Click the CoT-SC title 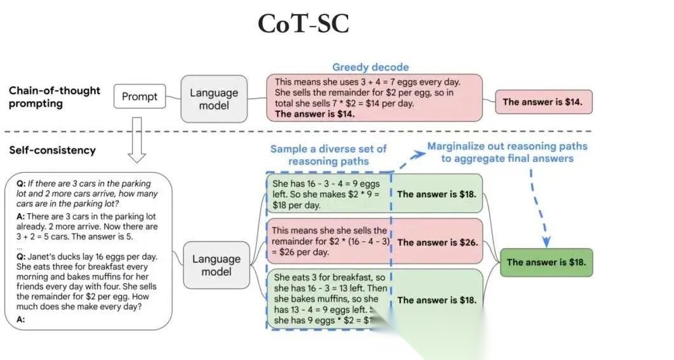(303, 25)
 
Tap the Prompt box (139, 97)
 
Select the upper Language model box (214, 98)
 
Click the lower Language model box (216, 265)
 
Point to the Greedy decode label (370, 67)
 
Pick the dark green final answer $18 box (546, 262)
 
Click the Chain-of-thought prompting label (55, 97)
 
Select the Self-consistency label (52, 150)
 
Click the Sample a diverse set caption (328, 155)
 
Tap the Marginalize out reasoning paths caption (507, 152)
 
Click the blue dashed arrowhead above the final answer (546, 242)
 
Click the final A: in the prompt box (20, 319)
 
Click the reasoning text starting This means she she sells (329, 241)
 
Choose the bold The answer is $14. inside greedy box (315, 114)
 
